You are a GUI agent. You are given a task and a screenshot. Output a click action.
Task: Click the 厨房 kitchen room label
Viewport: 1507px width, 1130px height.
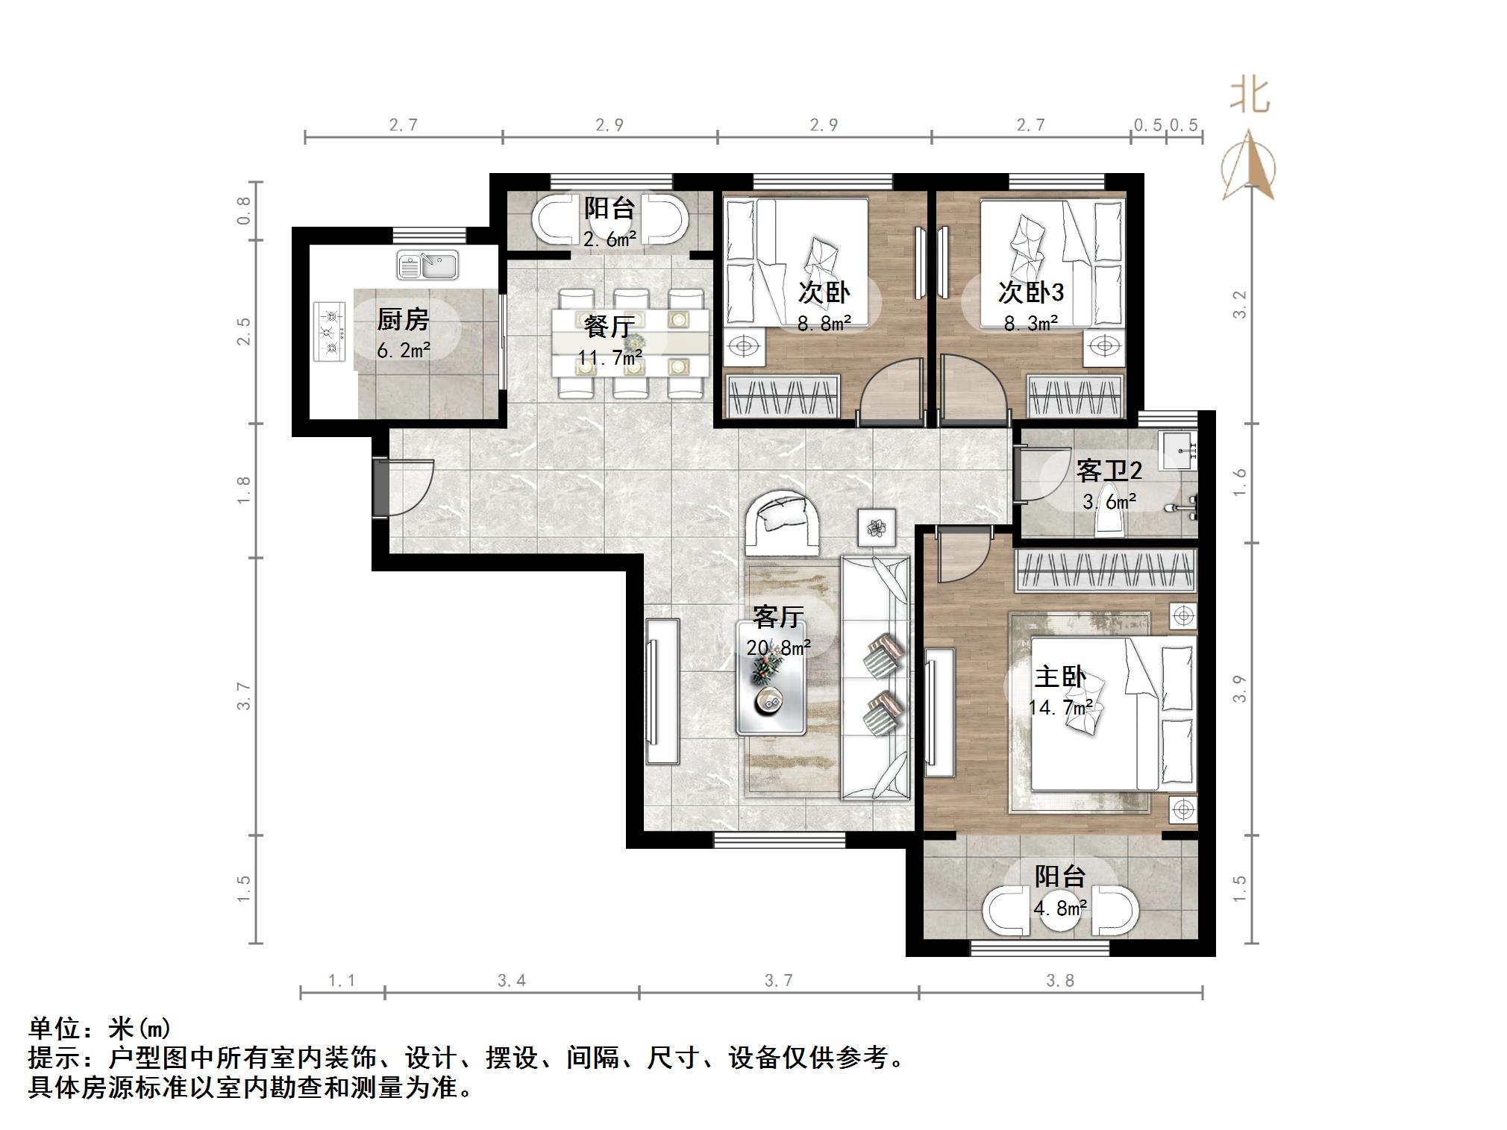click(x=403, y=320)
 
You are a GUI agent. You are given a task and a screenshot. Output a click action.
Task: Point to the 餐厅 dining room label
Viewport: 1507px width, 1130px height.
click(x=610, y=326)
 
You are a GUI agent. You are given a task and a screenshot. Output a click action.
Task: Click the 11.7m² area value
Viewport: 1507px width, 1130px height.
click(x=610, y=358)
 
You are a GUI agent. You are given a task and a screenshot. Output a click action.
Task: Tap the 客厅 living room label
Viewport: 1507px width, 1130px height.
click(x=777, y=617)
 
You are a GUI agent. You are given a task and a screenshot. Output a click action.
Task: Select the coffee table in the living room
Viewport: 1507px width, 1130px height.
click(x=771, y=677)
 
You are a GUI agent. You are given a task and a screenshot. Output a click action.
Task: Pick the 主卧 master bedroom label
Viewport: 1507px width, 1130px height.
click(x=1059, y=677)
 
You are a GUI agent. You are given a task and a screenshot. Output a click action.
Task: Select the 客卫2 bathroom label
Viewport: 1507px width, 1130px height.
click(x=1109, y=471)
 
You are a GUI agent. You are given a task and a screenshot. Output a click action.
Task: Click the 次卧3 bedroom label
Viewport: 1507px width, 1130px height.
click(x=1030, y=292)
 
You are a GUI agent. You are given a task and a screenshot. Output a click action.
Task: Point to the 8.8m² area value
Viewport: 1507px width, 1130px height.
click(x=824, y=324)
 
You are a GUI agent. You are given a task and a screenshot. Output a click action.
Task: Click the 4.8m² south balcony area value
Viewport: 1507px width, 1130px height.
click(x=1059, y=908)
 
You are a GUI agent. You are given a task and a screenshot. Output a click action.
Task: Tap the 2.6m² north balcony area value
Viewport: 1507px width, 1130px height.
click(x=610, y=239)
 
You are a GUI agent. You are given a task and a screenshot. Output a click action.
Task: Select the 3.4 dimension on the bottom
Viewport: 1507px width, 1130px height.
click(x=512, y=980)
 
